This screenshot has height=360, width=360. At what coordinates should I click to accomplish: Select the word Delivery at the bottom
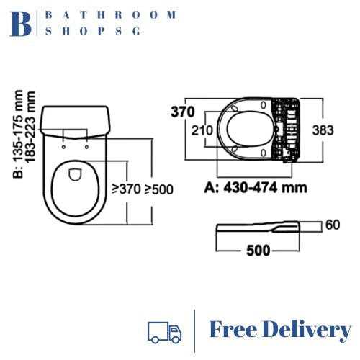click(307, 330)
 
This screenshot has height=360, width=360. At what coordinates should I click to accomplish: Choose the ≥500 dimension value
click(158, 190)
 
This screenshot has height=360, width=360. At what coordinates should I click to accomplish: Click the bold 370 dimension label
click(184, 112)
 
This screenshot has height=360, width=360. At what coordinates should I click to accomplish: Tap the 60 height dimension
click(332, 225)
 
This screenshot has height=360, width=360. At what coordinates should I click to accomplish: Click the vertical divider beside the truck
click(194, 330)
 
